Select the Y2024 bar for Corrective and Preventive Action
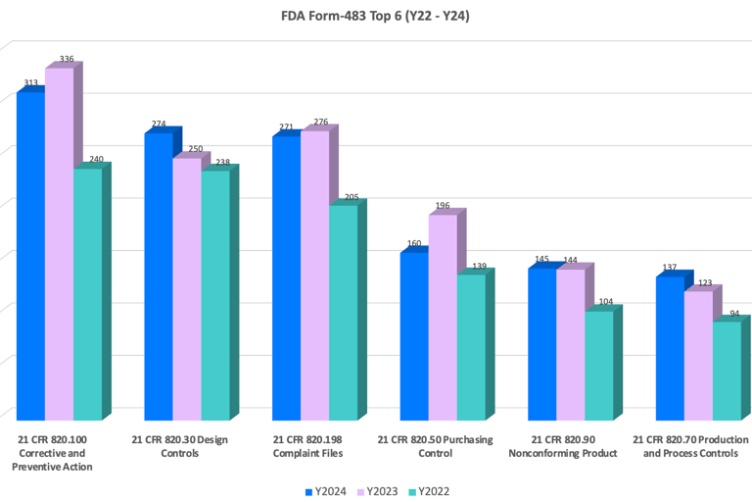click(x=30, y=255)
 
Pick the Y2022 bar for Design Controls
click(x=215, y=294)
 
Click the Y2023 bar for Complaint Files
click(x=314, y=275)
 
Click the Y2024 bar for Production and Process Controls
click(x=670, y=348)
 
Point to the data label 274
click(x=159, y=125)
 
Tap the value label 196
click(x=443, y=206)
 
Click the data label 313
click(x=30, y=83)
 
